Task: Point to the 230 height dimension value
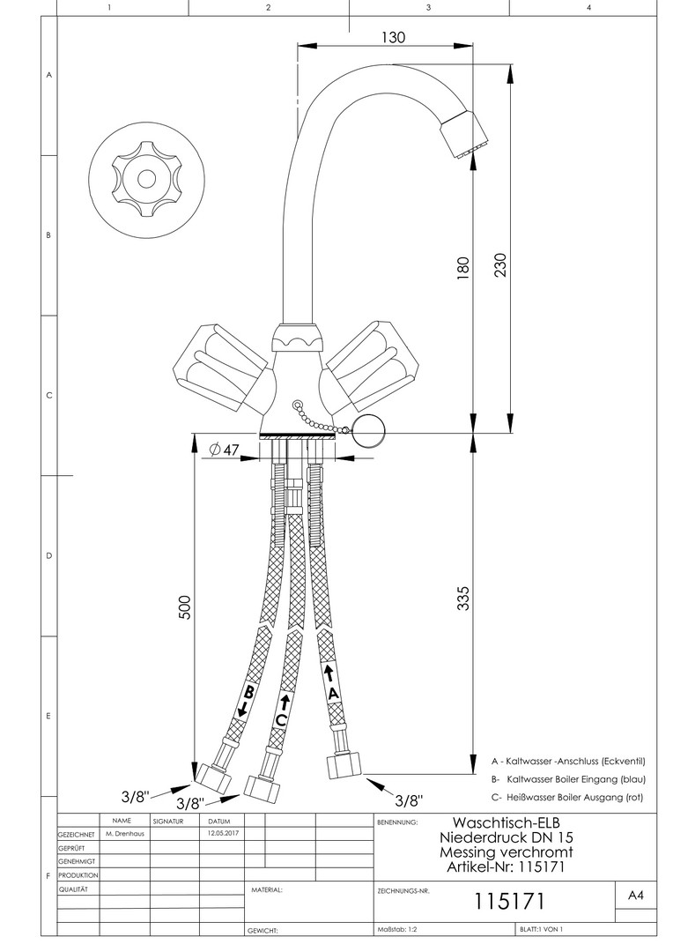pos(501,262)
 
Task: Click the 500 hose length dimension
pos(185,607)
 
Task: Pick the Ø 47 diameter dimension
pos(226,450)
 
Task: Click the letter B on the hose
pos(249,692)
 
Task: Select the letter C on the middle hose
pos(281,719)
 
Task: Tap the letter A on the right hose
pos(332,694)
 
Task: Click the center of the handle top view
pos(146,178)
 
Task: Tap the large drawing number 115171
pos(511,902)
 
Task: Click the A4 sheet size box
pos(635,896)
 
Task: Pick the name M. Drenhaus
pos(124,832)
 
